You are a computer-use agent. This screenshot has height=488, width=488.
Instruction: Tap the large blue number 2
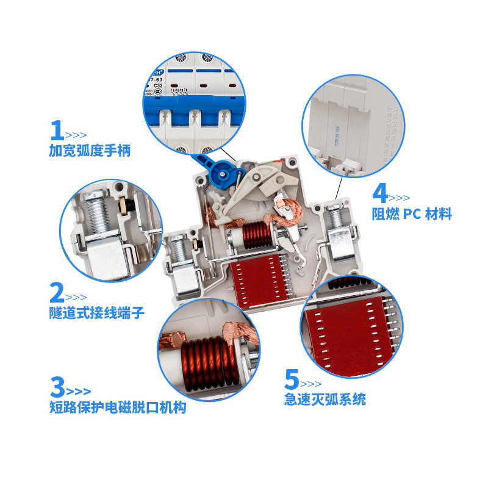[x=56, y=293]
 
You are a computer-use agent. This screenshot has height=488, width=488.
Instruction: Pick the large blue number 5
[x=292, y=380]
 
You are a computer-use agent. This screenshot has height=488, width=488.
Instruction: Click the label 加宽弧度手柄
[x=90, y=150]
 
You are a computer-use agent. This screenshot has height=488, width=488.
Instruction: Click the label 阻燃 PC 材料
[x=412, y=214]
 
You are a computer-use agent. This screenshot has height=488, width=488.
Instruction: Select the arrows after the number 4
[x=400, y=198]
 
